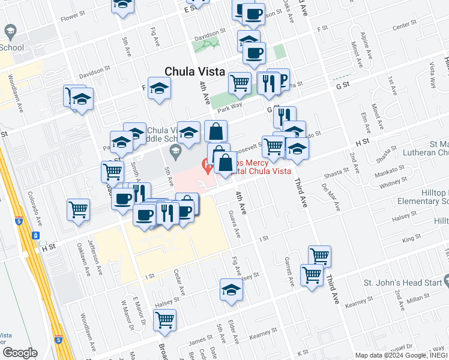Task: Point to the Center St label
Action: coord(404,26)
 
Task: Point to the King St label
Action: coord(412,239)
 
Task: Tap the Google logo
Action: coord(20,353)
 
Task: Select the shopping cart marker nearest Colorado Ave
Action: coord(78,209)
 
